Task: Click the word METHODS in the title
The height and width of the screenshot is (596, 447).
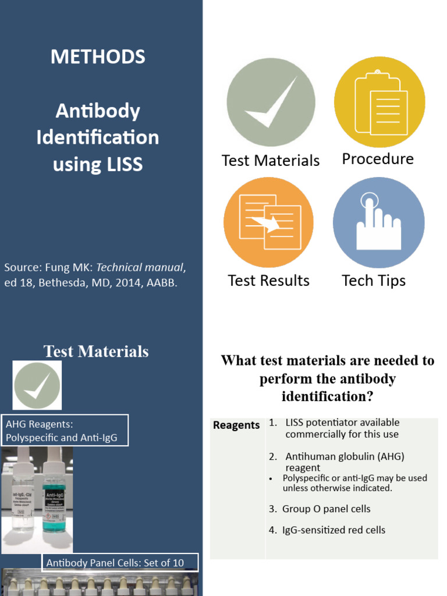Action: tap(98, 57)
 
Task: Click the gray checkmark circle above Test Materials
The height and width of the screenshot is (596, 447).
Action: tap(271, 102)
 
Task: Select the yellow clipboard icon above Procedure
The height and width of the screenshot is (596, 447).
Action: tap(379, 102)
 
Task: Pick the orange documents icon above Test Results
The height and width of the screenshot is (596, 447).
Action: tap(269, 222)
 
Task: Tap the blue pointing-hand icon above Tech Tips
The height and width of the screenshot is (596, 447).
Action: tap(378, 222)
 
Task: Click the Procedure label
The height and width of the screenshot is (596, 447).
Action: tap(378, 159)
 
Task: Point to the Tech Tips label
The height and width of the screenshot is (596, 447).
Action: tap(374, 281)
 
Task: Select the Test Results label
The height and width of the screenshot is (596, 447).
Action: tap(269, 281)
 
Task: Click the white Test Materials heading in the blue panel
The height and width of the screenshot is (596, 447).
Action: tap(96, 352)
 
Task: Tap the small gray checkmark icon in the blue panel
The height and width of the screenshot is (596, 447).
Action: tap(37, 385)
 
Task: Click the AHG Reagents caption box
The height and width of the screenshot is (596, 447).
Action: tap(65, 431)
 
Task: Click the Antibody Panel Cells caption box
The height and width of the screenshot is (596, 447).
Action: tap(120, 563)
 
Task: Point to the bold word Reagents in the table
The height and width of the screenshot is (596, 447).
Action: tap(236, 425)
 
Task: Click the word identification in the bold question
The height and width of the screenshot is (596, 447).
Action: tap(327, 397)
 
